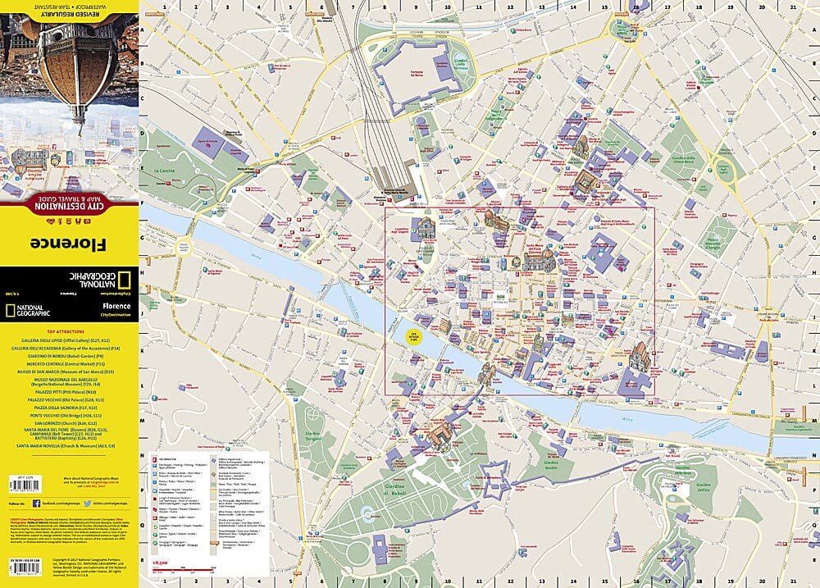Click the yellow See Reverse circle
[414, 336]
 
